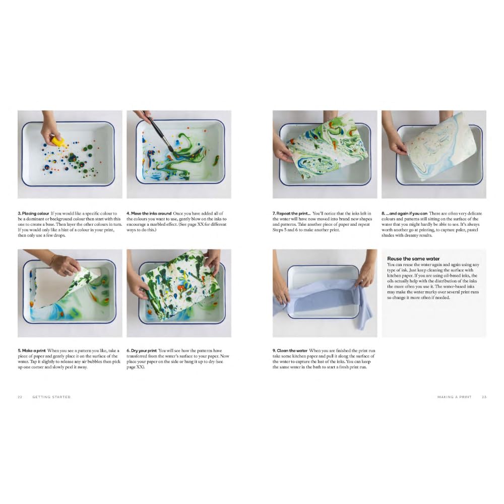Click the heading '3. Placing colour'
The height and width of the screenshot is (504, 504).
coord(33,214)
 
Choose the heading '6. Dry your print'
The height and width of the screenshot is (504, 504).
coord(142,350)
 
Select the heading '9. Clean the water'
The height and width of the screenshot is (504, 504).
coord(290,350)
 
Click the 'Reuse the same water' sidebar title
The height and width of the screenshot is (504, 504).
coord(413,259)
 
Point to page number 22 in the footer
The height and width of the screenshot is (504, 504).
coord(20,397)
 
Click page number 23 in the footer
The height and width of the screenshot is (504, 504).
coord(484,397)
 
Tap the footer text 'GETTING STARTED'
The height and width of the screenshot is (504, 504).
coord(51,397)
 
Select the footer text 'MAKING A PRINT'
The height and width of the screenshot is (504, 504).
coord(454,397)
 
